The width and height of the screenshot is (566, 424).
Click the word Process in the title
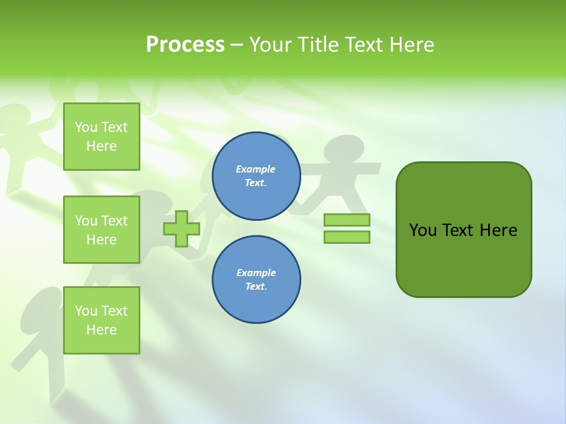point(185,45)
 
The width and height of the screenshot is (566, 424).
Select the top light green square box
point(101,137)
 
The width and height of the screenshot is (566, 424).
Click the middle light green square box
point(101,230)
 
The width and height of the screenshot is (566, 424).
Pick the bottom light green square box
point(101,320)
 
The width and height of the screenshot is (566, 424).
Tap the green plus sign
point(182,228)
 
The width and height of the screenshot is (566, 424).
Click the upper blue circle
point(256,176)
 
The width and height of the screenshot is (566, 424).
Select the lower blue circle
point(256,280)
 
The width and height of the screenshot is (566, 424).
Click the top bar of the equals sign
point(347,220)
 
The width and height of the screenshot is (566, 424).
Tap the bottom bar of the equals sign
point(347,237)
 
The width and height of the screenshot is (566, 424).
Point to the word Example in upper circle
point(256,169)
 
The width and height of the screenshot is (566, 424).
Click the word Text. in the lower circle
point(256,287)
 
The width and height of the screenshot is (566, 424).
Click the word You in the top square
point(86,127)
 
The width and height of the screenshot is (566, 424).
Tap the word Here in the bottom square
point(101,330)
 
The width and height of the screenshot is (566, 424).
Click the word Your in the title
point(271,45)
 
